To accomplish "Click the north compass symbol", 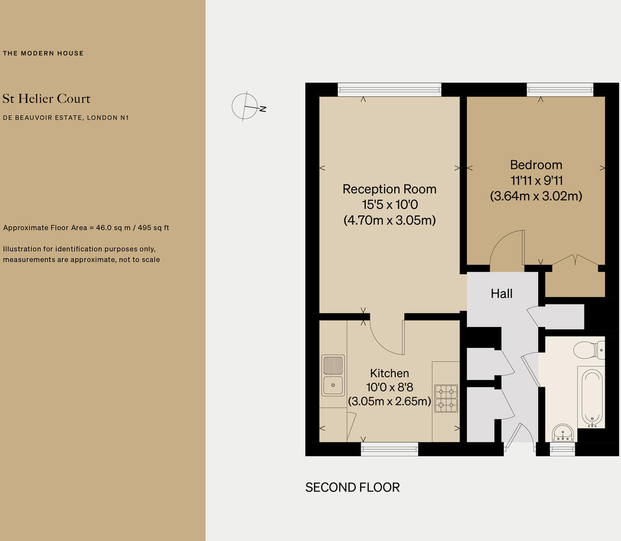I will (246, 106).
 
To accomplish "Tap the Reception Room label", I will (389, 189).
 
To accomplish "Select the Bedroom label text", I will (536, 165).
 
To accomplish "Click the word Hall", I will (501, 294).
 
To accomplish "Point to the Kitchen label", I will (389, 373).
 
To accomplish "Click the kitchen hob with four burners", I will (445, 398).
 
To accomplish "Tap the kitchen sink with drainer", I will (333, 376).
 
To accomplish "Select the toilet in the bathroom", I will (589, 349).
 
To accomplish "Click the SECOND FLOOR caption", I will (352, 487).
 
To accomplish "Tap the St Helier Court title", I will (46, 98).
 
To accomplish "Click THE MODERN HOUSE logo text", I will (43, 53).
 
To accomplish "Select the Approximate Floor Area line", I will (86, 228).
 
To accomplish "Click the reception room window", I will (389, 90).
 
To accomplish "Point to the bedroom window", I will (560, 90).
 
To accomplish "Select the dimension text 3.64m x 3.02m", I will (536, 196).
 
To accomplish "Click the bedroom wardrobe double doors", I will (575, 260).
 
